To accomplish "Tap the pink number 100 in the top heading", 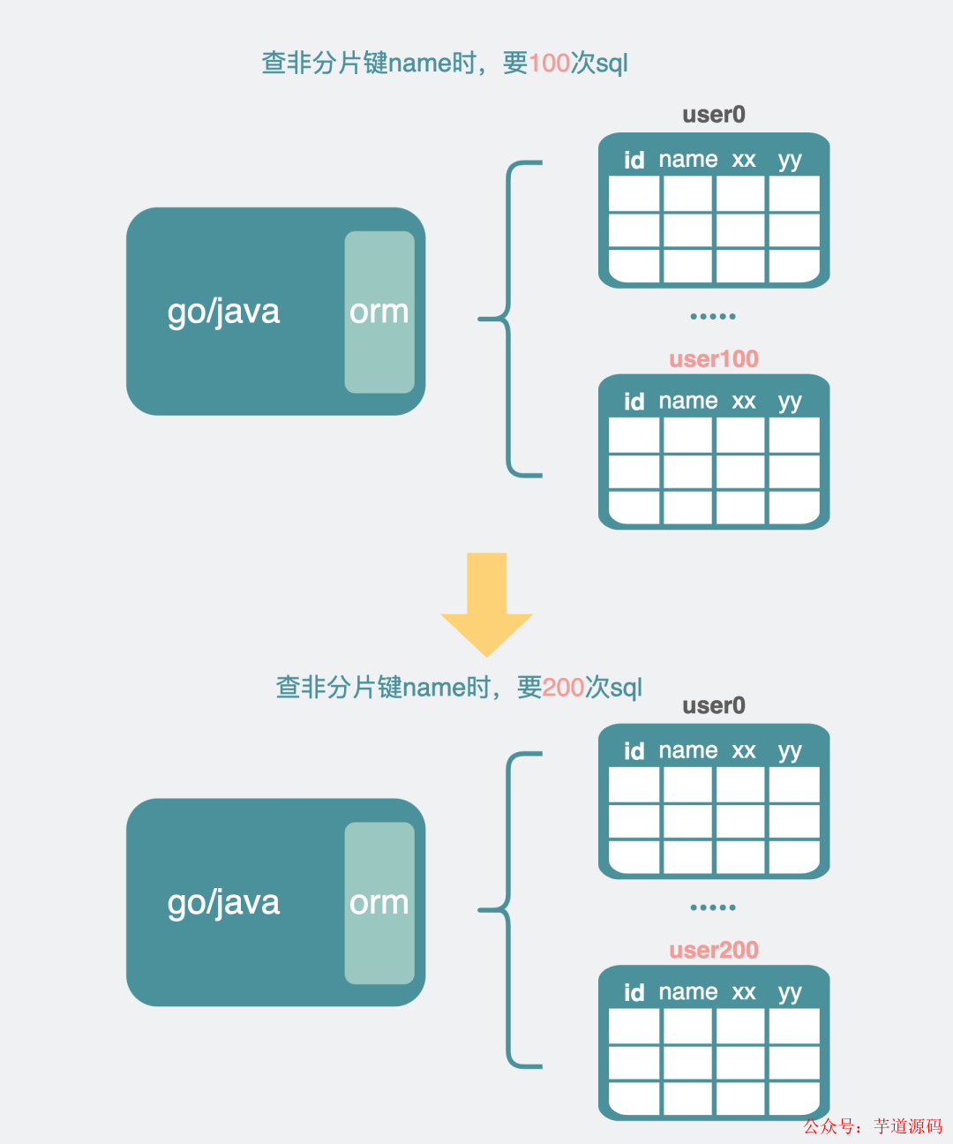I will click(549, 64).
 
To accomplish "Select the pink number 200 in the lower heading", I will click(563, 688).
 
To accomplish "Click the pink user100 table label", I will click(714, 359).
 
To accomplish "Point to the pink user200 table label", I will click(714, 951).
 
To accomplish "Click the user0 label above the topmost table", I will click(714, 115).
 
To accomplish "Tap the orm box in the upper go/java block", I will click(379, 312).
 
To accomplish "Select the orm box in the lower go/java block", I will click(379, 903).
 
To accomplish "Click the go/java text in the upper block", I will click(223, 312).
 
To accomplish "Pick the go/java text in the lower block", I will click(223, 903).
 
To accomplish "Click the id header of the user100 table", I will click(634, 403).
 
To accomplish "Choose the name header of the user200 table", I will click(688, 993).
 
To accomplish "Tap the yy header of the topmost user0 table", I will click(790, 161).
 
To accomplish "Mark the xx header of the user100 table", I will click(744, 403).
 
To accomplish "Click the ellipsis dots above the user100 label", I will click(713, 316).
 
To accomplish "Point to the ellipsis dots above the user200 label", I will click(713, 907).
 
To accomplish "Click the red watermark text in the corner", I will click(873, 1126).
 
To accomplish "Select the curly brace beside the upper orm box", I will click(510, 319).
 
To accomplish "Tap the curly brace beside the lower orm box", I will click(510, 910).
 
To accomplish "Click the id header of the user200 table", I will click(634, 994).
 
